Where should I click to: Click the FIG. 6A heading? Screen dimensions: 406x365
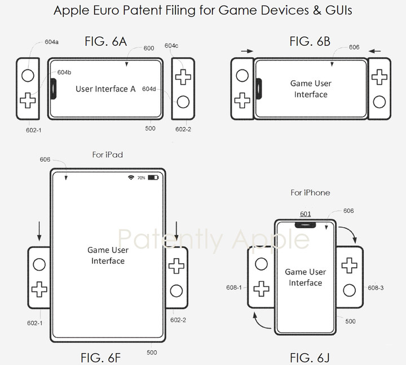(105, 41)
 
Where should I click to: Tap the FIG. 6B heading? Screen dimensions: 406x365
(310, 41)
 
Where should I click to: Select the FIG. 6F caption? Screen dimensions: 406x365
(100, 358)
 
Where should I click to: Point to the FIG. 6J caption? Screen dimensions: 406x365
(310, 358)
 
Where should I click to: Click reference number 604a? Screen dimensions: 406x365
(51, 42)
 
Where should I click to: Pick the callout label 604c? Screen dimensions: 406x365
(171, 46)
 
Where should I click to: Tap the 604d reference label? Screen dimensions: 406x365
(149, 89)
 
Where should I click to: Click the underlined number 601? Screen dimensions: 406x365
(305, 214)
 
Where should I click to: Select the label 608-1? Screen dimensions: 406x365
(234, 288)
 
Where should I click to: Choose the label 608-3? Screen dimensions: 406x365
(376, 288)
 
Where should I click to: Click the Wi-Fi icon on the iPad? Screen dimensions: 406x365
(131, 177)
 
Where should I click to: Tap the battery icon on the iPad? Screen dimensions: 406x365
(153, 177)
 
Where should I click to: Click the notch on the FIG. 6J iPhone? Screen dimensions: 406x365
(305, 225)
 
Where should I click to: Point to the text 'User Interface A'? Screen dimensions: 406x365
(105, 89)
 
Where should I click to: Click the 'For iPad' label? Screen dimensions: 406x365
(108, 155)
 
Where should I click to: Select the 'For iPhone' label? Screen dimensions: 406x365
(310, 193)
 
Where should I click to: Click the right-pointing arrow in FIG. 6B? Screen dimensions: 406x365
(247, 51)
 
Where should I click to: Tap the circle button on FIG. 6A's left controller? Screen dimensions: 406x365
(28, 76)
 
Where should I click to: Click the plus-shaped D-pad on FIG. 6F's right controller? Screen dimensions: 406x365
(176, 266)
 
